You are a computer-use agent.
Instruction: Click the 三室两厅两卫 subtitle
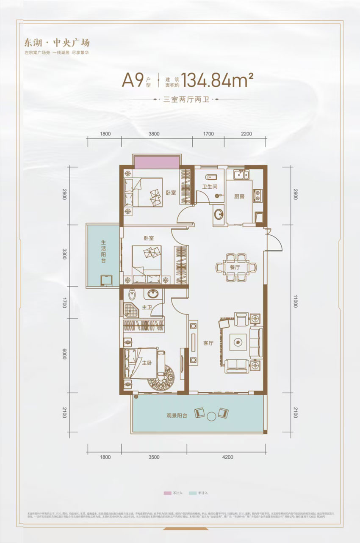[x=186, y=101]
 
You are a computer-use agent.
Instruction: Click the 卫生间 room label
[x=209, y=187]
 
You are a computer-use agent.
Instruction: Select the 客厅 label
[x=208, y=344]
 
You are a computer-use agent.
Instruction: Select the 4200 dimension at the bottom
[x=227, y=457]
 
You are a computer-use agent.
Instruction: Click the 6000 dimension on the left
[x=64, y=354]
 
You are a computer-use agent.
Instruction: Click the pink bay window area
[x=157, y=162]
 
